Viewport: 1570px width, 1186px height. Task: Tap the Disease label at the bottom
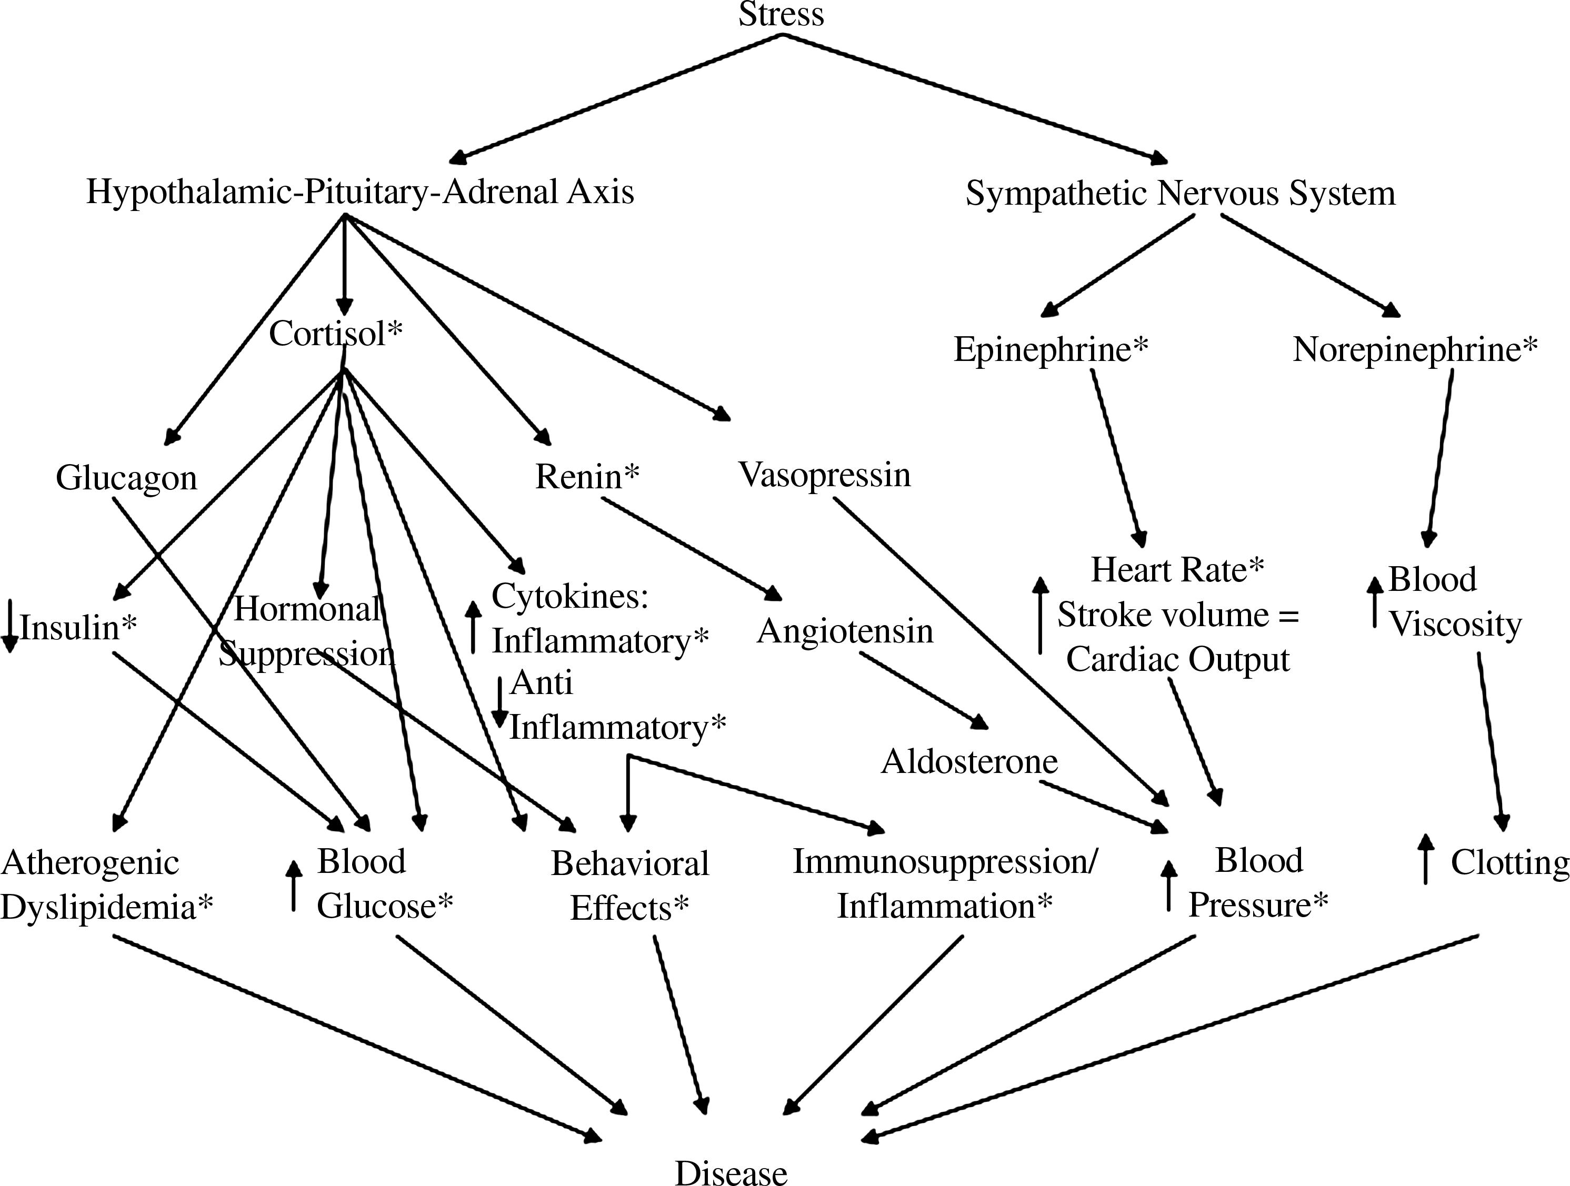click(731, 1172)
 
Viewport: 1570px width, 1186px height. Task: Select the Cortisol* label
click(336, 334)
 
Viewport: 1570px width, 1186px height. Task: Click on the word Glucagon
click(126, 478)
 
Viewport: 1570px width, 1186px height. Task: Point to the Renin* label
click(587, 476)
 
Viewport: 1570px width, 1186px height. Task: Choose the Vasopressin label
click(825, 474)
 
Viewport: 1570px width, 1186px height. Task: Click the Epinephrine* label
click(1051, 349)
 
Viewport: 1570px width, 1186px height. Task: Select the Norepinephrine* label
click(1415, 349)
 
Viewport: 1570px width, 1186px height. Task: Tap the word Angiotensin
click(845, 631)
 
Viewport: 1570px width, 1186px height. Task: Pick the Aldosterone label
click(969, 761)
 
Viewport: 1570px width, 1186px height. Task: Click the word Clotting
click(1509, 863)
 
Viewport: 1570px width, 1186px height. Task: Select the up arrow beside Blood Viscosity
click(1375, 602)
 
